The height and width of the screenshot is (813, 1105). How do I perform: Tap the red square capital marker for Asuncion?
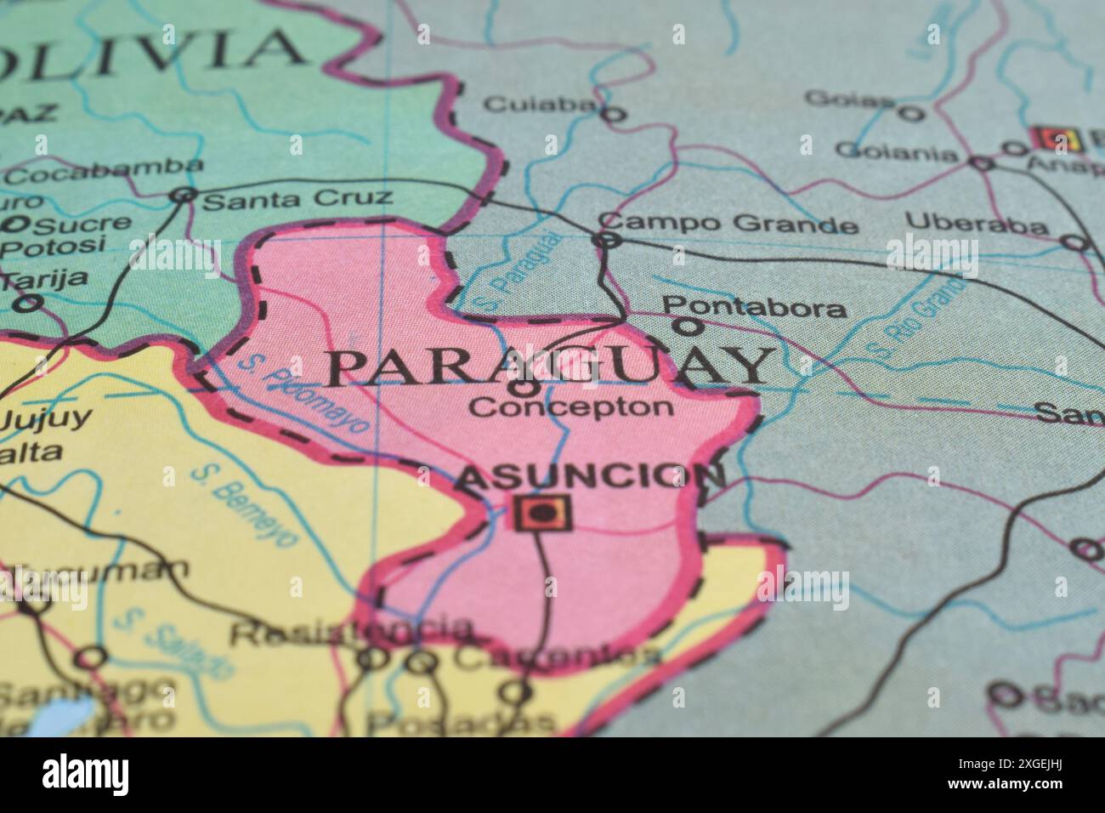pos(542,512)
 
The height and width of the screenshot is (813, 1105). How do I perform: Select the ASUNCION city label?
pos(591,479)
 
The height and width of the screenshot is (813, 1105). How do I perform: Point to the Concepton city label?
pos(570,406)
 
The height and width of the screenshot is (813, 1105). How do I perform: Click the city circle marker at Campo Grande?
pos(606,241)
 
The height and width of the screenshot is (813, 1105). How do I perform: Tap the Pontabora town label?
pos(754,307)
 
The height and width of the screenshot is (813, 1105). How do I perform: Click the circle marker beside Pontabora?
pos(687,325)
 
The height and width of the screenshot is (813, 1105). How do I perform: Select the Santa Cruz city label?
pos(299,200)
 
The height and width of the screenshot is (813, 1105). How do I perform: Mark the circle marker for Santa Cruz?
pos(182,196)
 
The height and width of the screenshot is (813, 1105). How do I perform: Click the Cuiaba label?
pos(539,104)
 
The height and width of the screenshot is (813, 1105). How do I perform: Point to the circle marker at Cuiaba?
pos(613,113)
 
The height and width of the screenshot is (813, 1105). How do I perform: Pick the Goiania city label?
pos(896,152)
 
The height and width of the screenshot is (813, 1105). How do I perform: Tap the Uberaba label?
pos(976,224)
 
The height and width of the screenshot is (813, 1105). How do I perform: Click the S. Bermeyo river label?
pos(243,503)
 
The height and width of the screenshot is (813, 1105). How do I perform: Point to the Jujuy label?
pos(44,418)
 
